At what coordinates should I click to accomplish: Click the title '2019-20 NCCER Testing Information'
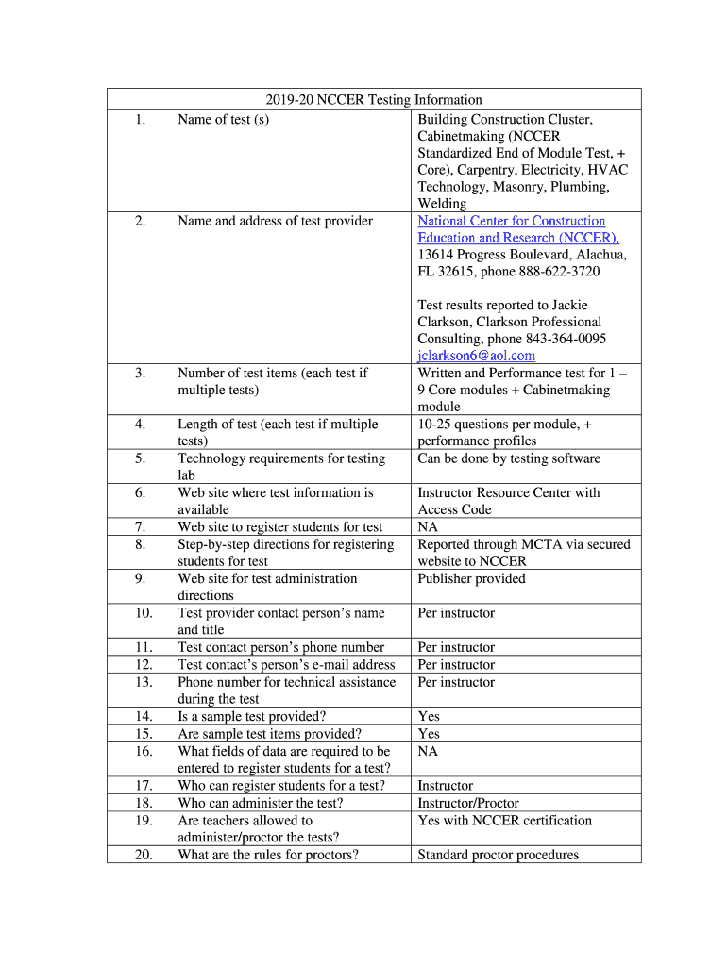click(x=373, y=100)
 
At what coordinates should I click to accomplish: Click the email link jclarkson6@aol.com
click(x=476, y=356)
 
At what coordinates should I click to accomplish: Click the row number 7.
click(x=140, y=527)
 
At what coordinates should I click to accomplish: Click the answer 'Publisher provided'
click(x=471, y=578)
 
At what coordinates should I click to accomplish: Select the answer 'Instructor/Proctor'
click(x=467, y=803)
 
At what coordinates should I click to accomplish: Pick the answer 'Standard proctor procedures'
click(x=498, y=855)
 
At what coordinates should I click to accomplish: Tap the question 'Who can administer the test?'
click(x=261, y=803)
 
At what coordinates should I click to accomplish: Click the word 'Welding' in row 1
click(x=442, y=204)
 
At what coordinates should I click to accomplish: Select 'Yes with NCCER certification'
click(x=504, y=821)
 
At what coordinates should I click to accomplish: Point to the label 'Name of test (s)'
click(x=223, y=120)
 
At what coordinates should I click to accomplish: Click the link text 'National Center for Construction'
click(x=511, y=221)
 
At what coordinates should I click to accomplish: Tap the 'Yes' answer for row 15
click(x=429, y=734)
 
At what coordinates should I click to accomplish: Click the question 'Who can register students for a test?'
click(x=281, y=786)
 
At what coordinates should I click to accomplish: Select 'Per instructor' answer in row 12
click(x=456, y=665)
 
